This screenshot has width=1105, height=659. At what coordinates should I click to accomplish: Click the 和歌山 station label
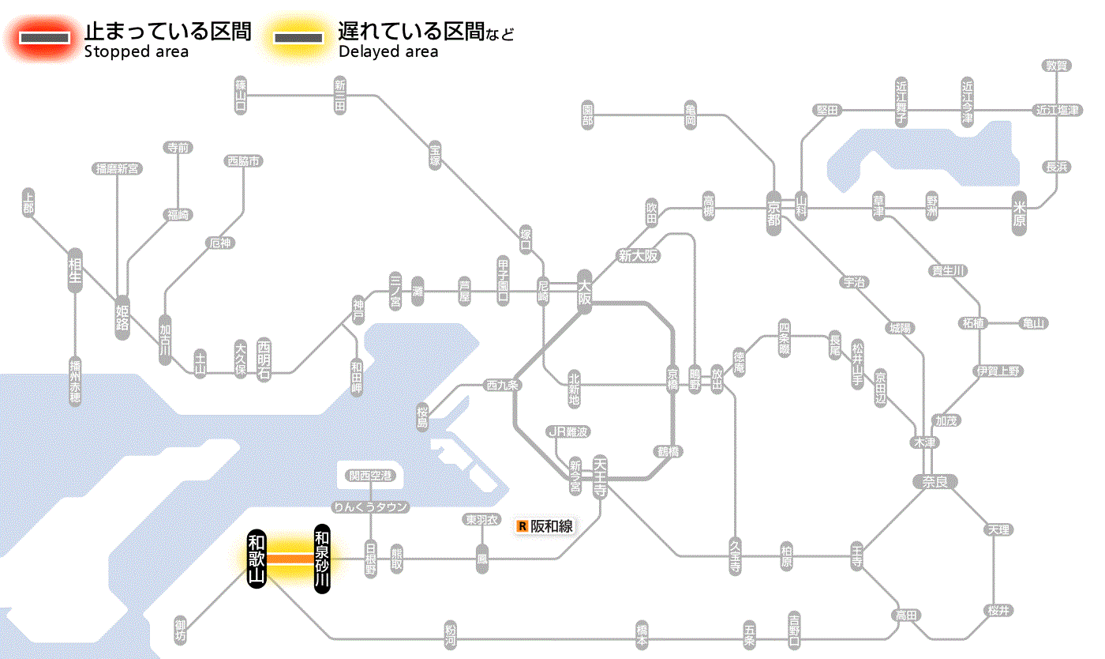(257, 559)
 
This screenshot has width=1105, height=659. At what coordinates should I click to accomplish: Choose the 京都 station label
(774, 212)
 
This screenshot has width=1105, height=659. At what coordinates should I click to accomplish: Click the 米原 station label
(1020, 213)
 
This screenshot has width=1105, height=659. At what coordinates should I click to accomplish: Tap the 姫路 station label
(122, 317)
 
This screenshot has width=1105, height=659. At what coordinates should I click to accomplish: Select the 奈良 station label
(935, 481)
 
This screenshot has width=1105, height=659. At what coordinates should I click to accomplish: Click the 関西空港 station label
(370, 476)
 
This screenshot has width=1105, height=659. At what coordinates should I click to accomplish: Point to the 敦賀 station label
(1057, 66)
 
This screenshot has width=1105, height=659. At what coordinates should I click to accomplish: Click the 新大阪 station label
(639, 255)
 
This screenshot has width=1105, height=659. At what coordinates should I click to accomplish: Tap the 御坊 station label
(181, 631)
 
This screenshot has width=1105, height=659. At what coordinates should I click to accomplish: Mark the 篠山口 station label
(242, 96)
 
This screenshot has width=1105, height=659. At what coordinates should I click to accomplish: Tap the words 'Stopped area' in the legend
(137, 52)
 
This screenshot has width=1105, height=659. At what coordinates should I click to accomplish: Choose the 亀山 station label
(1033, 323)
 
